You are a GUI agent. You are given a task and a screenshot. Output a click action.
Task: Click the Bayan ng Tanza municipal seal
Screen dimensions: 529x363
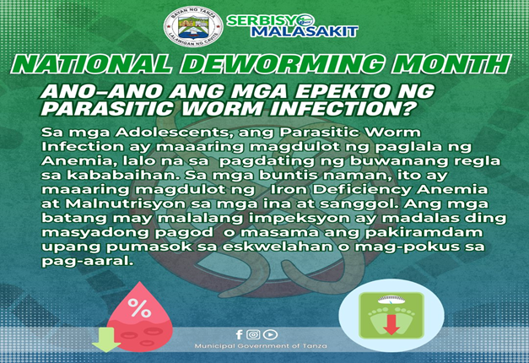193,26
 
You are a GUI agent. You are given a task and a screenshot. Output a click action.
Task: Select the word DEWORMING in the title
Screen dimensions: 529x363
284,64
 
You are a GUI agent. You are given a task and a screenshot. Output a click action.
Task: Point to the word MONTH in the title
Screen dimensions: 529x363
451,64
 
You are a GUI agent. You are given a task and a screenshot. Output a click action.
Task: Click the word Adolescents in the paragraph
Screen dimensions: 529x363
174,133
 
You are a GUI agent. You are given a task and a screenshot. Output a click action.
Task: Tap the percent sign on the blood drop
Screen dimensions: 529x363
139,307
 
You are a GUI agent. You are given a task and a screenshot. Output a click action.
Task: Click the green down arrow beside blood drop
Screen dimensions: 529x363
106,339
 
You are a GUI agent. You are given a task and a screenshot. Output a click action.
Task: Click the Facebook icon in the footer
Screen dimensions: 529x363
240,334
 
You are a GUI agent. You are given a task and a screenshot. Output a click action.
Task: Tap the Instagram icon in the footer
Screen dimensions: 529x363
253,334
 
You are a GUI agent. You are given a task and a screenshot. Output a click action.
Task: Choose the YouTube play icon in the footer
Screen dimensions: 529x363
270,334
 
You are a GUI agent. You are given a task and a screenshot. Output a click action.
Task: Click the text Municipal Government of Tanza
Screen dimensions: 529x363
261,346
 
